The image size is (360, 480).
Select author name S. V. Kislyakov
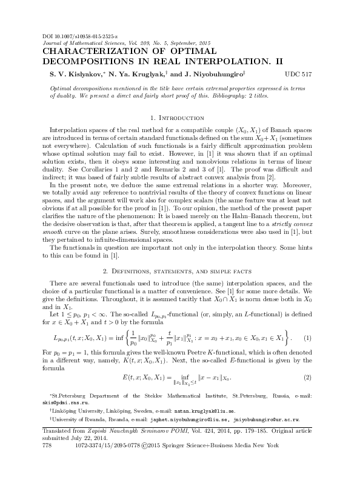[x=68, y=73]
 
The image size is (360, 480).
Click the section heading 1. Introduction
[x=179, y=116]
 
